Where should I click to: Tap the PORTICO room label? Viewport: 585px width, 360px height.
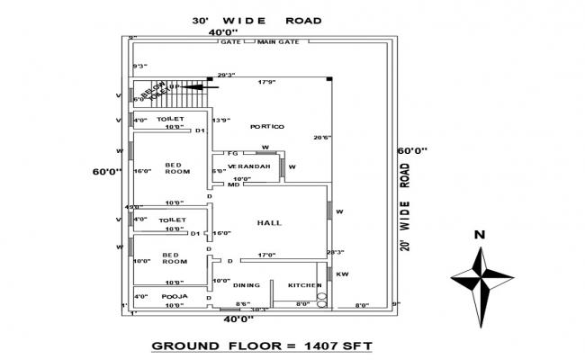(x=267, y=126)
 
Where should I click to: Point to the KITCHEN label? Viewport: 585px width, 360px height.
(x=304, y=285)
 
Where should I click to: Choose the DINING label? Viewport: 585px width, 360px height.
(x=246, y=285)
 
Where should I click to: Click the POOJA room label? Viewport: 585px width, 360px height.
(x=174, y=295)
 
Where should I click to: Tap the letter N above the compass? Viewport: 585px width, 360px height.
(x=480, y=235)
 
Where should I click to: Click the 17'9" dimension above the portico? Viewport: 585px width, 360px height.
(x=267, y=83)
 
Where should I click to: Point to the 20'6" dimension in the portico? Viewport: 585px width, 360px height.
(x=321, y=138)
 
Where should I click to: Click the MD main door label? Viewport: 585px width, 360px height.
(x=232, y=186)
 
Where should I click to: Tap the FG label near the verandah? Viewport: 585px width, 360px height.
(x=232, y=154)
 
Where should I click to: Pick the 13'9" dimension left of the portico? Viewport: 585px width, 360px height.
(x=221, y=120)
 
